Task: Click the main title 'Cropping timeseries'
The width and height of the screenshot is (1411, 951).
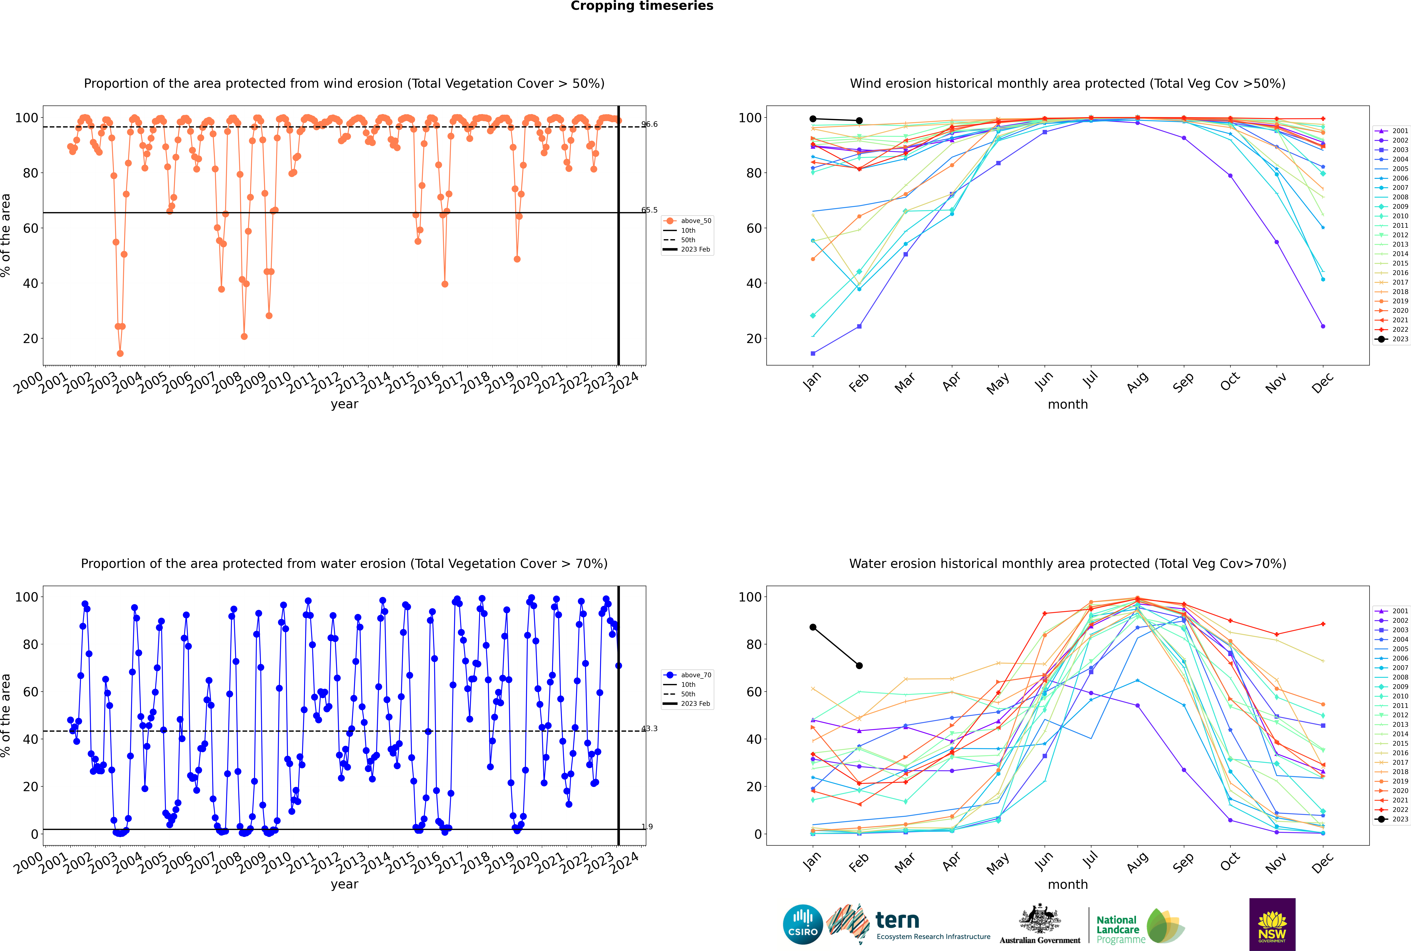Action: pyautogui.click(x=642, y=6)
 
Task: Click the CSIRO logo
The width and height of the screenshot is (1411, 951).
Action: pyautogui.click(x=803, y=924)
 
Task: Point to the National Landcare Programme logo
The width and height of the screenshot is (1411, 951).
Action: pyautogui.click(x=1140, y=926)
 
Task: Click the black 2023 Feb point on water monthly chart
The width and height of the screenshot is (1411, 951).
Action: pyautogui.click(x=859, y=665)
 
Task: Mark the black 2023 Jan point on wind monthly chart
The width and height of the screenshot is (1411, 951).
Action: pyautogui.click(x=813, y=119)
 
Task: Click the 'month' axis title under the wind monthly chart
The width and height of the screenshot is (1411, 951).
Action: pyautogui.click(x=1068, y=405)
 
